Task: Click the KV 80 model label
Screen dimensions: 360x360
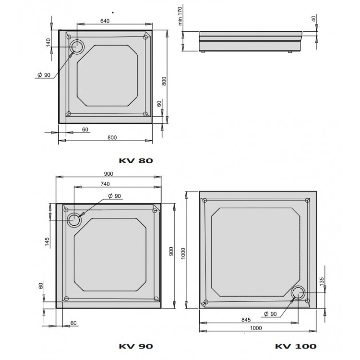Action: [136, 160]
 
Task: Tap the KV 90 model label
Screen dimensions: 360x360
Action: [136, 346]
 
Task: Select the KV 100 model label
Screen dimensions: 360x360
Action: [296, 346]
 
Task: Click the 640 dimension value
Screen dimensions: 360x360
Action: [105, 21]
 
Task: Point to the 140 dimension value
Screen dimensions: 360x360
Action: [48, 43]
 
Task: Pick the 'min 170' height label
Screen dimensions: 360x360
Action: [180, 16]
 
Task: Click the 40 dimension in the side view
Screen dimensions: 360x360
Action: [313, 19]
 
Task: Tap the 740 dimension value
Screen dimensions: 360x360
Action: [105, 184]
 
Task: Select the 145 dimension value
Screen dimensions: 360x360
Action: [47, 242]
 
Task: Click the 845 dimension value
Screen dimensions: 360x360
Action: [246, 320]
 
